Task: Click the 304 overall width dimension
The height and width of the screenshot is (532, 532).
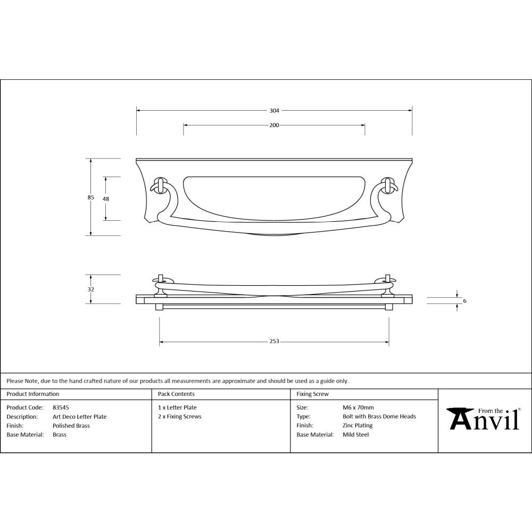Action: tap(274, 111)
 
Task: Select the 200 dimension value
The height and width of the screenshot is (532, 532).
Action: tap(274, 126)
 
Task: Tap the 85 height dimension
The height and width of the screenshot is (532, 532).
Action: tap(91, 197)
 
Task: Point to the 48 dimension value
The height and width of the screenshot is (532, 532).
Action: tap(106, 198)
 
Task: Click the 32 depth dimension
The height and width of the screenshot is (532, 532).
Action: tap(91, 289)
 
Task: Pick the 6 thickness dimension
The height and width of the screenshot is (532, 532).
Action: tap(464, 301)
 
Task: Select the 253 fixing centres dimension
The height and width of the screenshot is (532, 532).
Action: tap(274, 342)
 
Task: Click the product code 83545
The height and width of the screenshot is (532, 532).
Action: tap(61, 408)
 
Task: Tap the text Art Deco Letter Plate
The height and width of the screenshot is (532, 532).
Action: tap(79, 417)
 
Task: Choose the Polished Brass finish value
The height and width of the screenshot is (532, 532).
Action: tap(71, 426)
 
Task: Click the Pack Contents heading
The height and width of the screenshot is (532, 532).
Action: tap(176, 394)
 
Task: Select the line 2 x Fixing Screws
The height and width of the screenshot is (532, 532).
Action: tap(179, 417)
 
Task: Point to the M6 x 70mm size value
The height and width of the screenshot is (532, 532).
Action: tap(358, 408)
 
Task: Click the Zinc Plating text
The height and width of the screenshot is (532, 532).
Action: tap(358, 426)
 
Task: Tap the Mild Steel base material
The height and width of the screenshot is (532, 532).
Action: tap(355, 435)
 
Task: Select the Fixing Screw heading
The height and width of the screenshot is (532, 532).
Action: tap(312, 394)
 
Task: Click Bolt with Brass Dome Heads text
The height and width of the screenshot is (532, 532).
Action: tap(379, 417)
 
